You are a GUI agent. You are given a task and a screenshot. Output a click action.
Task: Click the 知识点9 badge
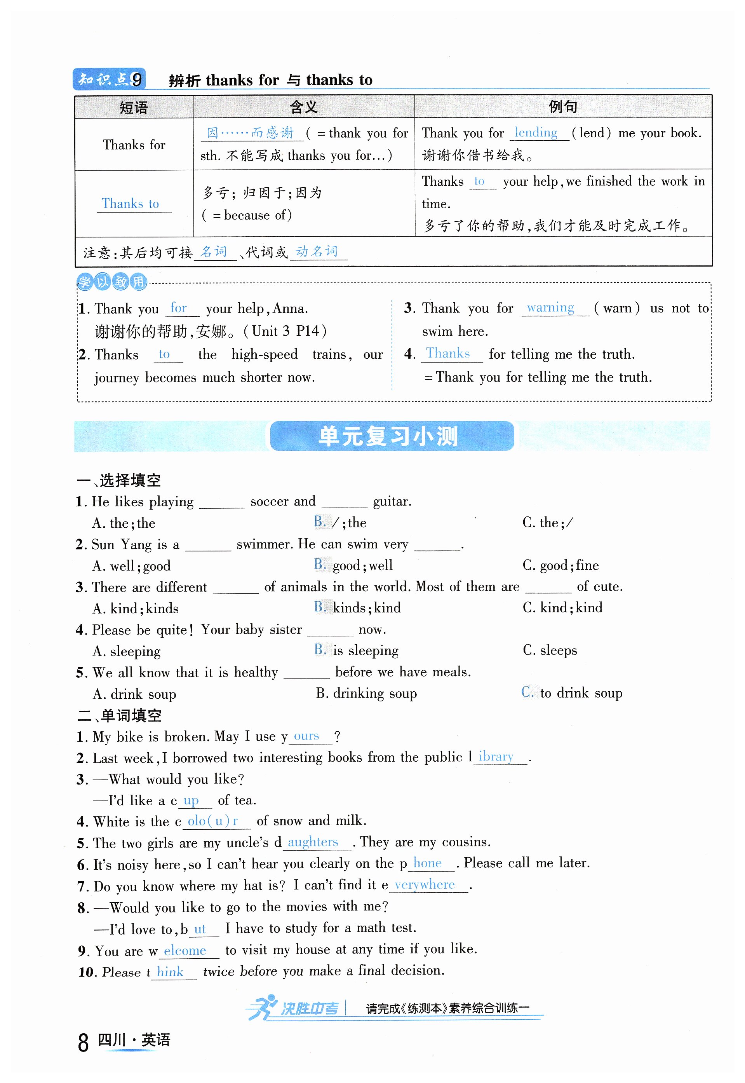[109, 79]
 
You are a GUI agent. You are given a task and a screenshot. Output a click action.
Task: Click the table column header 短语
[134, 107]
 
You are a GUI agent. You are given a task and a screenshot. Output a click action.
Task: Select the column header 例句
[562, 107]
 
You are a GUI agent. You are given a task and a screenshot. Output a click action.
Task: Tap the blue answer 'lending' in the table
[536, 133]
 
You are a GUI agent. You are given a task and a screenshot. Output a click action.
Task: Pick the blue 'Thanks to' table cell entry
[130, 204]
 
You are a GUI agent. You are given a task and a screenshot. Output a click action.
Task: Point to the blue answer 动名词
[317, 252]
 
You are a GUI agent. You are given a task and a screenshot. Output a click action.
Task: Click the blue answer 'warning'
[550, 308]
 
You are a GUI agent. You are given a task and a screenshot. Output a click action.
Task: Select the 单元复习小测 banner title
[388, 436]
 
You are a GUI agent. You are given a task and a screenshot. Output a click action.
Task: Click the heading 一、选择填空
[119, 480]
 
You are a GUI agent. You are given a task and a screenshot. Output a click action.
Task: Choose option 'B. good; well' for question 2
[353, 565]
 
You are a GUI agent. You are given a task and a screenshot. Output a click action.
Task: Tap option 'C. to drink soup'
[572, 693]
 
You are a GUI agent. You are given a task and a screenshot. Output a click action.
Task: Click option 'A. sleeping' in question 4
[127, 651]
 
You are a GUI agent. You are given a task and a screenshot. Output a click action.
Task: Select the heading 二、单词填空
[120, 715]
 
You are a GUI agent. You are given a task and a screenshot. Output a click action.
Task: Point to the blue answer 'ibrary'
[496, 757]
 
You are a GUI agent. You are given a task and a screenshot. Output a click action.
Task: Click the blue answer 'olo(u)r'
[213, 821]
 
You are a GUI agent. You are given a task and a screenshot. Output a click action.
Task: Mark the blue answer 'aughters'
[313, 842]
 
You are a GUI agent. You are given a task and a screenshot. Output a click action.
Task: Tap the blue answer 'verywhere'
[424, 884]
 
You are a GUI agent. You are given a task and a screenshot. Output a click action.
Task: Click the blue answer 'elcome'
[185, 950]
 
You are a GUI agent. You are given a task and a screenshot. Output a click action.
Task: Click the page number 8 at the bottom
[83, 1043]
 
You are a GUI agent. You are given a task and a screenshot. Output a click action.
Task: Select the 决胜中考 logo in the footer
[294, 1009]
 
